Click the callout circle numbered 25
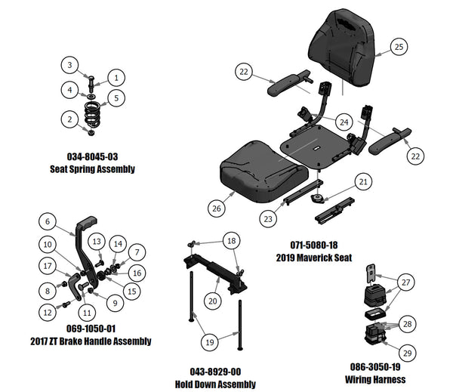400,47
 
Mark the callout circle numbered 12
48,311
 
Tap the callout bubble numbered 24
344,122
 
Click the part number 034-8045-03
92,157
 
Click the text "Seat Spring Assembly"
92,168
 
